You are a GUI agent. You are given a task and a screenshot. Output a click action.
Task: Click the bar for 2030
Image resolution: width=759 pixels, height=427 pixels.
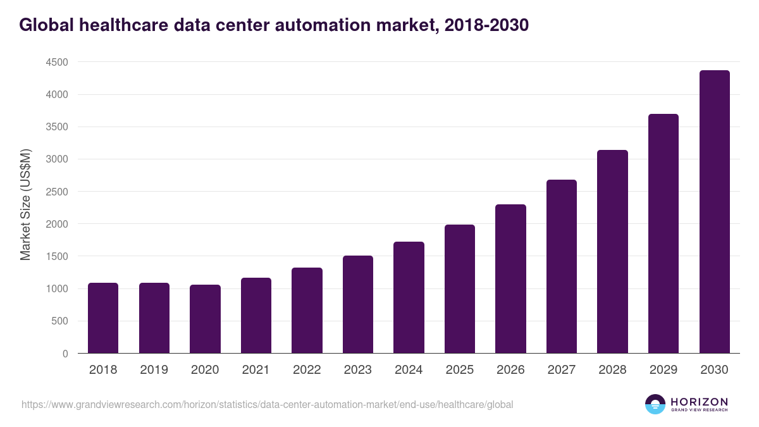pyautogui.click(x=714, y=212)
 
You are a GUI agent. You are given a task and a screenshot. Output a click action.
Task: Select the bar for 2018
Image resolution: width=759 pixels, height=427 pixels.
pyautogui.click(x=103, y=318)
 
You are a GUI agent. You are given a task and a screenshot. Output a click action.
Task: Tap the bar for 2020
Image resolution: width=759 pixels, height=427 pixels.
pyautogui.click(x=205, y=319)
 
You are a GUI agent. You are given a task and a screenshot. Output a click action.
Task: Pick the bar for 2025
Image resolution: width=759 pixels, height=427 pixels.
pyautogui.click(x=460, y=289)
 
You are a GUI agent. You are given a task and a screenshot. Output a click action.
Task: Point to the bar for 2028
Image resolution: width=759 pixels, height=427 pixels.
pyautogui.click(x=612, y=252)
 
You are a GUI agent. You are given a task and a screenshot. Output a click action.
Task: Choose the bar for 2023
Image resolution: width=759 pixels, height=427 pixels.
pyautogui.click(x=358, y=304)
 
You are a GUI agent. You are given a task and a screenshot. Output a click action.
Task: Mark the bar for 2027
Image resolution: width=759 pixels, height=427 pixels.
pyautogui.click(x=562, y=266)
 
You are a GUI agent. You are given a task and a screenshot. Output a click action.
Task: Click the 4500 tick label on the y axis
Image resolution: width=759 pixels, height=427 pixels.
pyautogui.click(x=56, y=63)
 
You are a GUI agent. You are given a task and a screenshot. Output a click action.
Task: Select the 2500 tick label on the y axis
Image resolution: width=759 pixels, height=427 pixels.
pyautogui.click(x=56, y=192)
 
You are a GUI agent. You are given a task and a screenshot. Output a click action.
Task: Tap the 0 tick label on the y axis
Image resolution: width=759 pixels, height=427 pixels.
pyautogui.click(x=65, y=354)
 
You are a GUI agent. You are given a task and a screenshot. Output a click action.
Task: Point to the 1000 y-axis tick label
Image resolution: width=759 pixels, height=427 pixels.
pyautogui.click(x=56, y=289)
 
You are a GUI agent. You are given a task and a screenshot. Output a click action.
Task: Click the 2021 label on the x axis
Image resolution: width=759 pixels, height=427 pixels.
pyautogui.click(x=256, y=370)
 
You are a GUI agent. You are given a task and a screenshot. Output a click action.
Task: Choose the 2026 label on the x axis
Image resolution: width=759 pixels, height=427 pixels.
pyautogui.click(x=510, y=370)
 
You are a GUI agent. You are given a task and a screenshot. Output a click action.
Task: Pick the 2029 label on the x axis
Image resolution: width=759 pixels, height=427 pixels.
pyautogui.click(x=663, y=370)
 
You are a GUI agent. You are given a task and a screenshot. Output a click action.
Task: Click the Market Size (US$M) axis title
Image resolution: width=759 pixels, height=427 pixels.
pyautogui.click(x=25, y=204)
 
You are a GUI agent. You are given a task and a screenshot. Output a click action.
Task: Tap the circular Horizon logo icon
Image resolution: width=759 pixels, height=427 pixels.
pyautogui.click(x=655, y=404)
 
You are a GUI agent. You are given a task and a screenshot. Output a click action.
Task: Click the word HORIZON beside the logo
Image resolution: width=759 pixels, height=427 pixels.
pyautogui.click(x=699, y=402)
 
